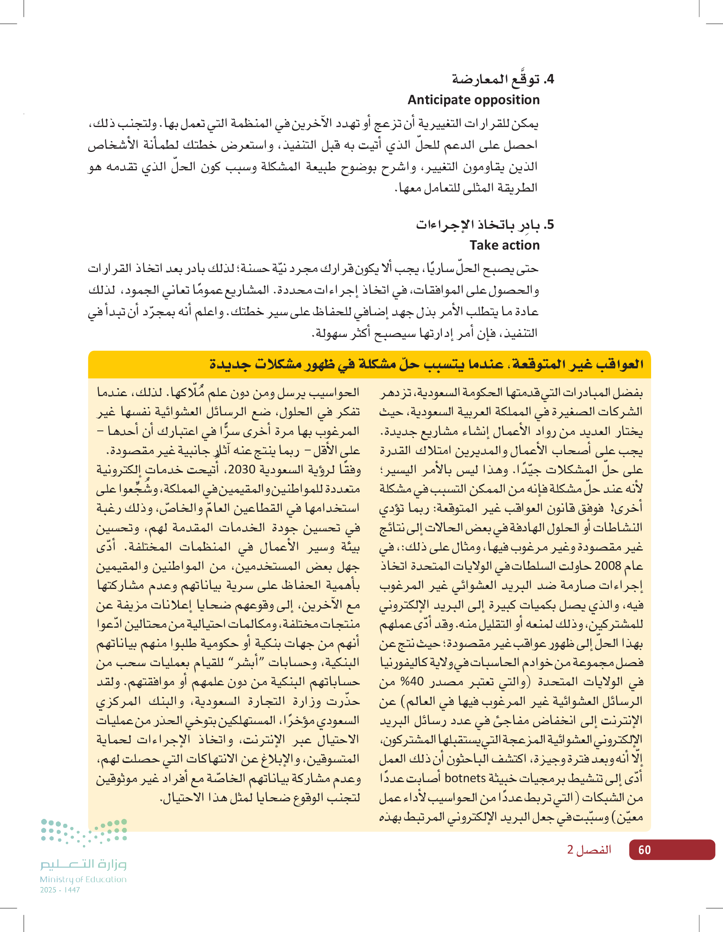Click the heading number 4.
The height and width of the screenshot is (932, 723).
point(549,79)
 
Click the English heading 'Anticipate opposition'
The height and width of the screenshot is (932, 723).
point(473,100)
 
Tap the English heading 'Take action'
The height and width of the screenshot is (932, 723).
point(504,245)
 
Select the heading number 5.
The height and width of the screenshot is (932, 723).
point(549,225)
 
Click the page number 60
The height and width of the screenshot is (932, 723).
point(644,850)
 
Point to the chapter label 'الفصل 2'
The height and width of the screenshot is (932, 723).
point(589,850)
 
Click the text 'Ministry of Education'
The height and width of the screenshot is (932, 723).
point(83,879)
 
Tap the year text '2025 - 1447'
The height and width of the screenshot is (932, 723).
point(60,890)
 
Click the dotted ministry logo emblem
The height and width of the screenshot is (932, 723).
point(84,831)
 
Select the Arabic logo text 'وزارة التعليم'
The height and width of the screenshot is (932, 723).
point(84,864)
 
